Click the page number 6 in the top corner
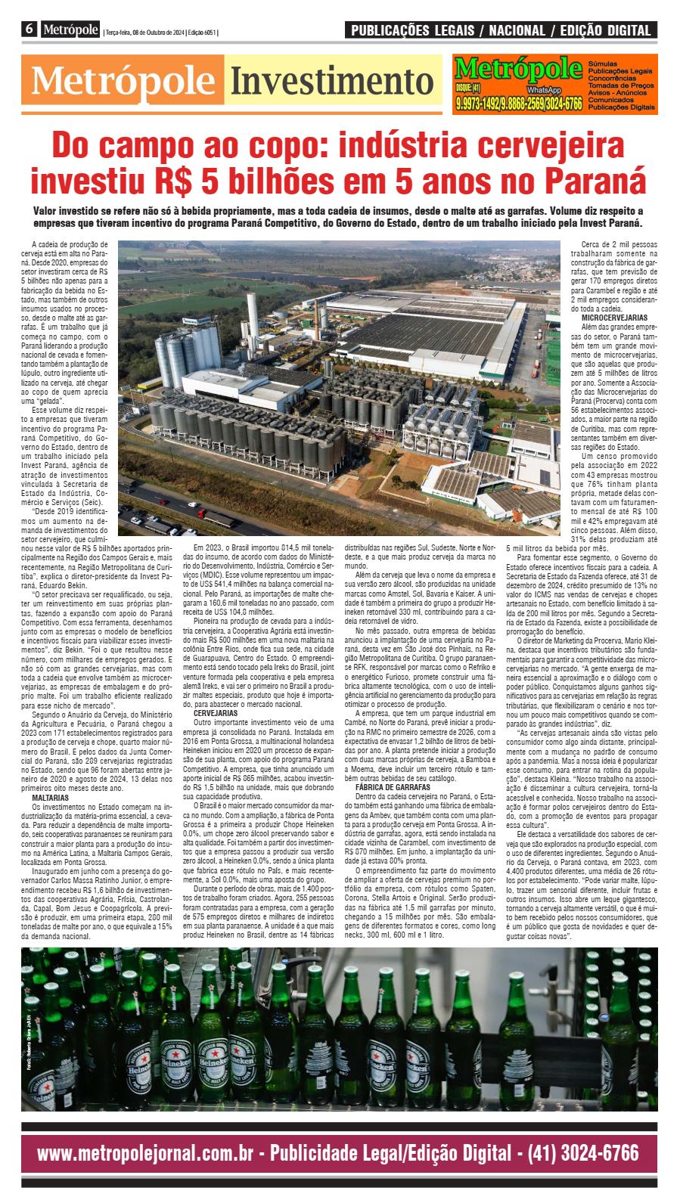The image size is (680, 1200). [x=29, y=30]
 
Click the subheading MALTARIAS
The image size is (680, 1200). [x=51, y=797]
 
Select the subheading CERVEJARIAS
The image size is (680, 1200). [x=216, y=712]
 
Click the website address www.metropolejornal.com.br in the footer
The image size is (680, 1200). [x=144, y=1152]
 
